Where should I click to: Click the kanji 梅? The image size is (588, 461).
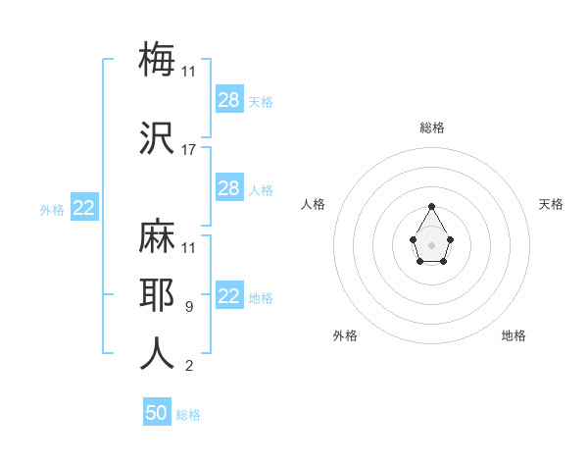point(157,59)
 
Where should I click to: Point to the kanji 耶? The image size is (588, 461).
point(157,296)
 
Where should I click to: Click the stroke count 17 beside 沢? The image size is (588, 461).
point(189,150)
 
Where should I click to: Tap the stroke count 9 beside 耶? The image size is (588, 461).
point(189,307)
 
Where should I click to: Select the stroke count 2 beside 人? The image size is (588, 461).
point(189,367)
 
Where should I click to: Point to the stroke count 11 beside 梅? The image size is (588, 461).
point(189,72)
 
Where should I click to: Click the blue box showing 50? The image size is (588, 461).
point(157,413)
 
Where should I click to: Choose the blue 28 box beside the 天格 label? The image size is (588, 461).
point(229,100)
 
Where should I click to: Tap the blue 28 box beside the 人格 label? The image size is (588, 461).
point(229,188)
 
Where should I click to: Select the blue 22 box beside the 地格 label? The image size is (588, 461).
point(229,297)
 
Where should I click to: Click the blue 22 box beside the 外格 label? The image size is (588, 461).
point(84,208)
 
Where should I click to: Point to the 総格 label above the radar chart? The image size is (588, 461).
point(432,128)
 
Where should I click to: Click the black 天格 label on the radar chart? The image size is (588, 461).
point(551,204)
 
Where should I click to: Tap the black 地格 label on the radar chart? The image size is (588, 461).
point(514,335)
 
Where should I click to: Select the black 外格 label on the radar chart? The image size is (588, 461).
point(345,335)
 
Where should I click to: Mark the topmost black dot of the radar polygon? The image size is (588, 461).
point(432,206)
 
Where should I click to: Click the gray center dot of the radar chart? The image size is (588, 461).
point(432,243)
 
